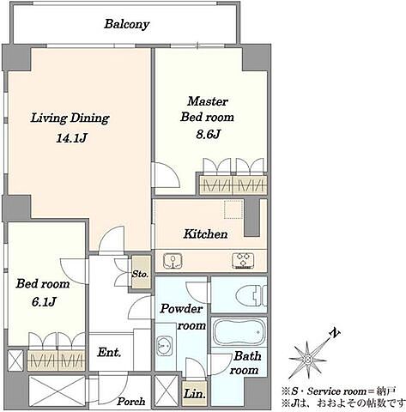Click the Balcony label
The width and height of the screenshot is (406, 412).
(x=126, y=24)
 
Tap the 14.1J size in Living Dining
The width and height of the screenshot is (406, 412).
(x=71, y=139)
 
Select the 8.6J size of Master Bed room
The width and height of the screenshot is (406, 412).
(x=208, y=134)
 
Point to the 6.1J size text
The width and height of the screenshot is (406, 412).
(x=44, y=301)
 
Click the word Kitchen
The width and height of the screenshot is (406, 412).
(x=205, y=234)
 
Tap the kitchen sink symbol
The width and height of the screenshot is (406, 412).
(x=173, y=261)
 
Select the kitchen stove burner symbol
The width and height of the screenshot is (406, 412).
(x=244, y=261)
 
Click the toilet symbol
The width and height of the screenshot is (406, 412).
(x=251, y=295)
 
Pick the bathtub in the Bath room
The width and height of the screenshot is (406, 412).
(x=239, y=332)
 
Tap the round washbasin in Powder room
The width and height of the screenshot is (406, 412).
(x=165, y=346)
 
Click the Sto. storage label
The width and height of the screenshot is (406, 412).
(x=140, y=274)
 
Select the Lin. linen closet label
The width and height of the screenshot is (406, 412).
(x=195, y=394)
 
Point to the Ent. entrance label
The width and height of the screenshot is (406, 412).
(x=109, y=352)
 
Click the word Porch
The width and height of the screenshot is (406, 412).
(x=131, y=401)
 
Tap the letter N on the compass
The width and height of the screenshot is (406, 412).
(x=335, y=333)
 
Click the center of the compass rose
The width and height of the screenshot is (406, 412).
(x=307, y=359)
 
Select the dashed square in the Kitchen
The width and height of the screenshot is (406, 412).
(x=233, y=209)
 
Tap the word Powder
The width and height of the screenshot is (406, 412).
(x=181, y=309)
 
